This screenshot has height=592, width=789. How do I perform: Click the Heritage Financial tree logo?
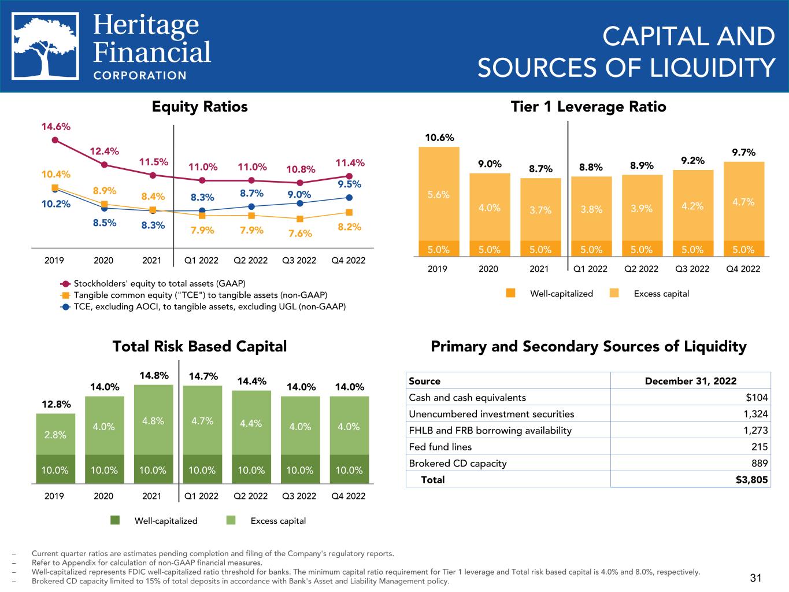point(46,46)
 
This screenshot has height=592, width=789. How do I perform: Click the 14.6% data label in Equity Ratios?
point(55,127)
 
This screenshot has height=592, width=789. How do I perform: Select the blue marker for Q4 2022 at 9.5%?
point(349,198)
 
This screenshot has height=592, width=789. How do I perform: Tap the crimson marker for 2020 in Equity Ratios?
point(104,165)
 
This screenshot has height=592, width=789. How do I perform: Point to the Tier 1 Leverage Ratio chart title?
point(588,107)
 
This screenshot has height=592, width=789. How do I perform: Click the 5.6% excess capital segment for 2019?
point(439,195)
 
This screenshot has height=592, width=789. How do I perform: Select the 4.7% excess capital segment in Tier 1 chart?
point(743,202)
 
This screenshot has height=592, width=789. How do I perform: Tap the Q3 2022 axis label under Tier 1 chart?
point(692,269)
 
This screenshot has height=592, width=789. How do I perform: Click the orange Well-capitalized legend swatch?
point(510,293)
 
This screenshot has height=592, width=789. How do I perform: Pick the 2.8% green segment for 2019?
point(55,435)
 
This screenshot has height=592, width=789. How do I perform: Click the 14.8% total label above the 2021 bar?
point(154,376)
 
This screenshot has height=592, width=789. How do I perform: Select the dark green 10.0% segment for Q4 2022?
point(349,470)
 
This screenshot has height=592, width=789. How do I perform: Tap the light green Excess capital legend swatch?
point(231,520)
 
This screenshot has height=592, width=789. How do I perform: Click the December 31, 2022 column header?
point(690,381)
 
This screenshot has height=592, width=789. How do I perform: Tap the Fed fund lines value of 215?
point(760,447)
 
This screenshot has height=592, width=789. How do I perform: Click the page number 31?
point(755,578)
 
